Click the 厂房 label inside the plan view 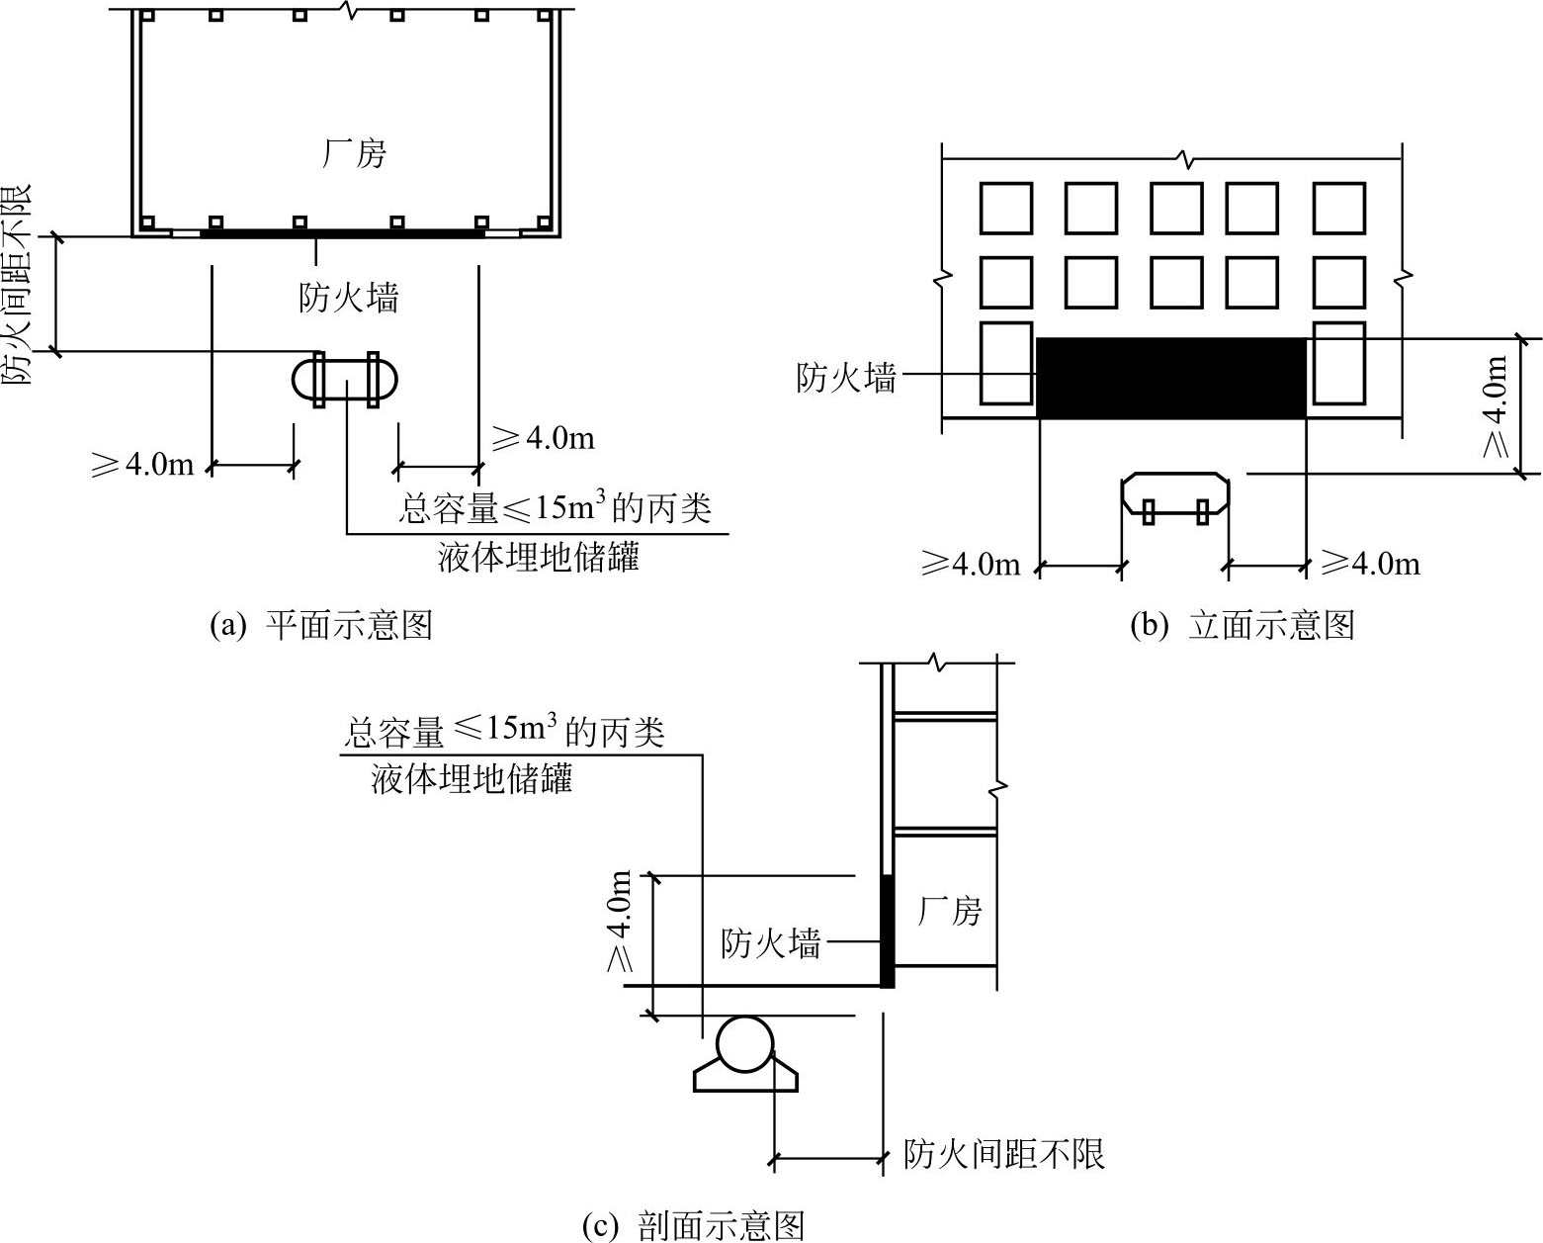click(354, 153)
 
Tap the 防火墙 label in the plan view click(349, 297)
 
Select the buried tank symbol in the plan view click(345, 380)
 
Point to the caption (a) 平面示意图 click(321, 625)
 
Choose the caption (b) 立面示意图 click(1243, 625)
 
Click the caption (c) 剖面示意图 click(693, 1226)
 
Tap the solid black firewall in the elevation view click(1171, 378)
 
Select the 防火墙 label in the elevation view click(846, 377)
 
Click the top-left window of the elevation click(1006, 208)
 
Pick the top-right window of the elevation click(1338, 208)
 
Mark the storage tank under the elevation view click(1175, 497)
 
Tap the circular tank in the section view click(745, 1043)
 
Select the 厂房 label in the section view click(949, 912)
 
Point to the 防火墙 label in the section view click(771, 943)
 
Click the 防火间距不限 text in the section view click(1004, 1154)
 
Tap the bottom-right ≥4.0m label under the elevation click(1370, 563)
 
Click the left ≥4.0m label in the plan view click(142, 464)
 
